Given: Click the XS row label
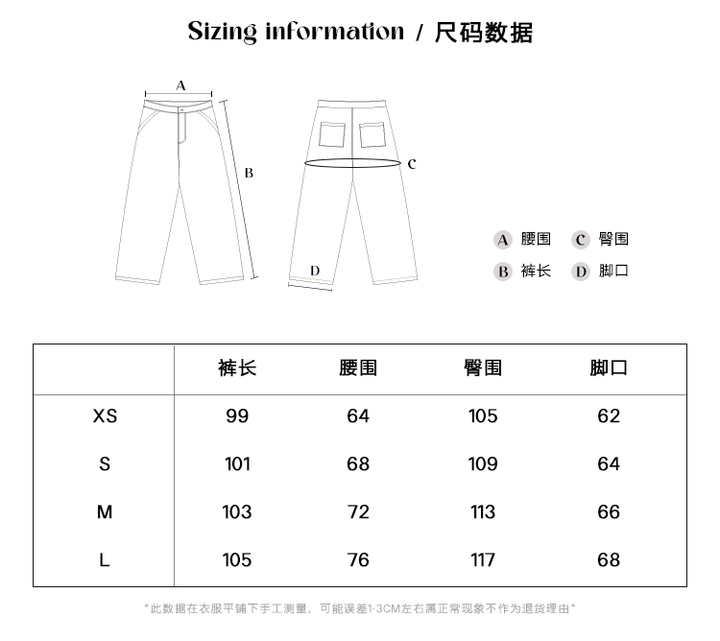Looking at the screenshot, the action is tap(105, 415).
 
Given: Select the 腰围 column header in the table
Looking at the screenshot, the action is tap(358, 368).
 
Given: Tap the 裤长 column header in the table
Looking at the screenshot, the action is tap(237, 368).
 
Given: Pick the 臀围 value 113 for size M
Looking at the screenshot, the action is tap(483, 511).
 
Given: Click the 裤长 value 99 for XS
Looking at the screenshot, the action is tap(237, 415).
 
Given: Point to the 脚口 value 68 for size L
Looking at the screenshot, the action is tap(609, 559).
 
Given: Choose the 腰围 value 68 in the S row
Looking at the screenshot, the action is tap(358, 463).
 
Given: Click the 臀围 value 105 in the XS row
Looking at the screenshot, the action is tap(483, 415).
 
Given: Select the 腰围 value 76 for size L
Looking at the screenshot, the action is tap(358, 559).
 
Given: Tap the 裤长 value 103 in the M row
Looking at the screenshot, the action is tap(237, 511).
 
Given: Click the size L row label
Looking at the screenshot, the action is tap(105, 559).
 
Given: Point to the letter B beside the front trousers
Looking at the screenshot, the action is tap(249, 174).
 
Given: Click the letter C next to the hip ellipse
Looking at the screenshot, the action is tap(412, 164).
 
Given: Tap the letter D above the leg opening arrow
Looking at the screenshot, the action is tap(315, 271).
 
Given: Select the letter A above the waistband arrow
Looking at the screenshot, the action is tap(180, 85).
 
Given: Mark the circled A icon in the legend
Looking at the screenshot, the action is tap(502, 240).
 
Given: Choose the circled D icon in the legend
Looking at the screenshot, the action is tap(580, 272).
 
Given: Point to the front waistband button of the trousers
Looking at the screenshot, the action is tap(180, 108).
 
